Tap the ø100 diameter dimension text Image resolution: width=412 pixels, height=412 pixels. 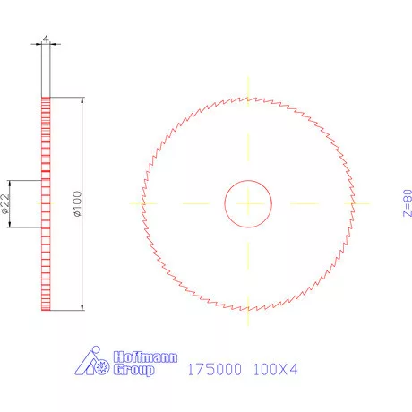(78, 204)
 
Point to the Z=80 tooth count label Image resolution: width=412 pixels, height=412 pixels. (407, 203)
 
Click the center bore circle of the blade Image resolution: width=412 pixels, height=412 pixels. (248, 203)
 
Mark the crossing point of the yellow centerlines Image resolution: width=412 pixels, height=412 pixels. (248, 203)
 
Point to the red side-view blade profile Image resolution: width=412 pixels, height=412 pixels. (46, 204)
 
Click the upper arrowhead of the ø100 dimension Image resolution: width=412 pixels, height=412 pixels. (82, 101)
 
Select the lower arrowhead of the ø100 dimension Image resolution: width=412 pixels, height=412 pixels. (82, 307)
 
